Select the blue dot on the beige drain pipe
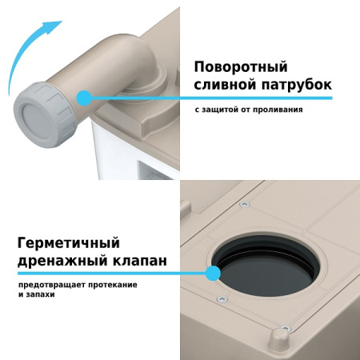pyautogui.click(x=82, y=97)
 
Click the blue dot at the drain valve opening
pyautogui.click(x=213, y=274)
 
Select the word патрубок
pyautogui.click(x=294, y=85)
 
